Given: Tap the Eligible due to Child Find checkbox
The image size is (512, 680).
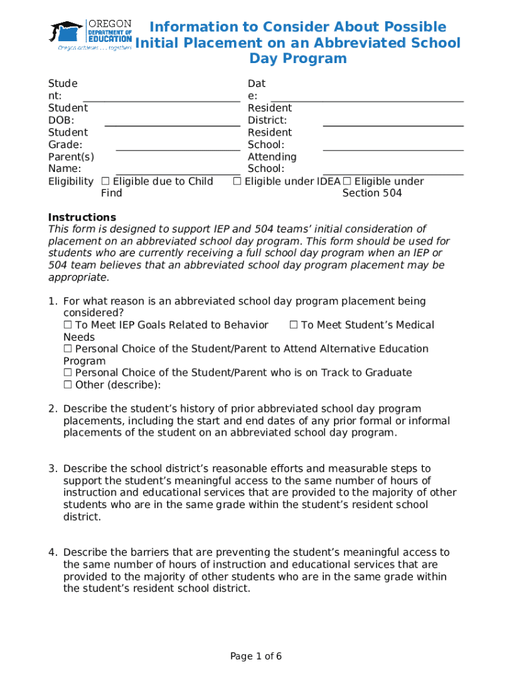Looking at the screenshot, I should tap(105, 182).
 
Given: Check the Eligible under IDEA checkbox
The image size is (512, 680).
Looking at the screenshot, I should tap(237, 182).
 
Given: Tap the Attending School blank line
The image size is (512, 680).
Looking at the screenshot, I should tap(392, 173).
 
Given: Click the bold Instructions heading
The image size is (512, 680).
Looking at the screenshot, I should tap(82, 218).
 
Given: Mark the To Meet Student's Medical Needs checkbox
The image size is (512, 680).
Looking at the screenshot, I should tap(293, 325).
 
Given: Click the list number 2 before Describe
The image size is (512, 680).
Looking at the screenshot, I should tap(53, 409).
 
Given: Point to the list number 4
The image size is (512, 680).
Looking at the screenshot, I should tap(53, 552).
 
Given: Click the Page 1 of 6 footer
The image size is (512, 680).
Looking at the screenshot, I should tap(256, 657).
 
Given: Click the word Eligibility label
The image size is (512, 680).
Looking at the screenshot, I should tap(70, 182).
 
